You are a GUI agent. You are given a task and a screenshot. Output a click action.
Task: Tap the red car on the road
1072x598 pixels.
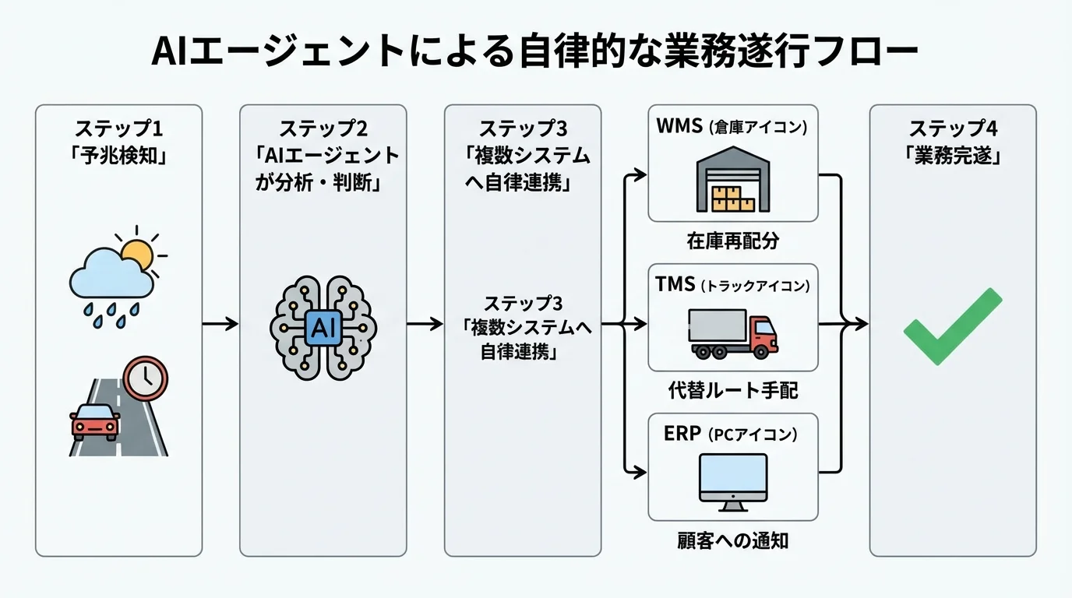coord(95,420)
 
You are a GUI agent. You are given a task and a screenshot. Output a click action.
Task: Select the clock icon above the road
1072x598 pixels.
coord(146,378)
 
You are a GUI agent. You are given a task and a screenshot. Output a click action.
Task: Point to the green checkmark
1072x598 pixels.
coord(952,327)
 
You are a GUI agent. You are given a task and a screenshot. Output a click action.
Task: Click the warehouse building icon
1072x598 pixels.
coord(733,182)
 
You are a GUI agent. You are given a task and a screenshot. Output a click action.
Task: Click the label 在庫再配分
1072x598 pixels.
coord(733,241)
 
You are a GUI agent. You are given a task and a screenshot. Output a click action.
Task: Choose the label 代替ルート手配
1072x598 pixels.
coord(733,390)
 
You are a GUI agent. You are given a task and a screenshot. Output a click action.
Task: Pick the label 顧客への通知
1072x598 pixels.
coord(733,540)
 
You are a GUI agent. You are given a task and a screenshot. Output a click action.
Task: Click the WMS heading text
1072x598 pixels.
coord(679,127)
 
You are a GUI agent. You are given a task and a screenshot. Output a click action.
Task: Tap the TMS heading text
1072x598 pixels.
coord(675,285)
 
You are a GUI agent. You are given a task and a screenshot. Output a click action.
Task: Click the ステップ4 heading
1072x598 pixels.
coord(953,128)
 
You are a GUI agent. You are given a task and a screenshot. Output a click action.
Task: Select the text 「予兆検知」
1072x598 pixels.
coord(118,154)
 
